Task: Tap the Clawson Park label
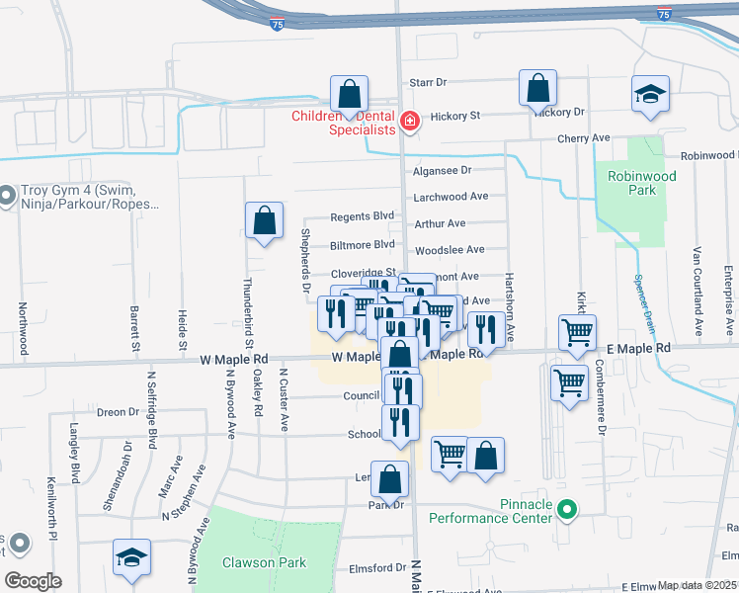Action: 264,563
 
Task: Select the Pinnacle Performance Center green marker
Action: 566,510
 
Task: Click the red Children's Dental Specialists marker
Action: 410,123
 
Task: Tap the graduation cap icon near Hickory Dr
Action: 651,95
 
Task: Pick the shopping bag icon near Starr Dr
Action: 349,95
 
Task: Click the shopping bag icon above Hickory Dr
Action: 537,89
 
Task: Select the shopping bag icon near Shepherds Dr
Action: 265,221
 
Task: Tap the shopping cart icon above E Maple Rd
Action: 577,332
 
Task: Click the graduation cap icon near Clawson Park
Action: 131,558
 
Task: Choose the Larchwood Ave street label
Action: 452,197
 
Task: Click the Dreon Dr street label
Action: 118,412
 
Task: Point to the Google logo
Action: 33,580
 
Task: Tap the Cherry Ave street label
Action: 584,139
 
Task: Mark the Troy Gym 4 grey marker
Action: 7,197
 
